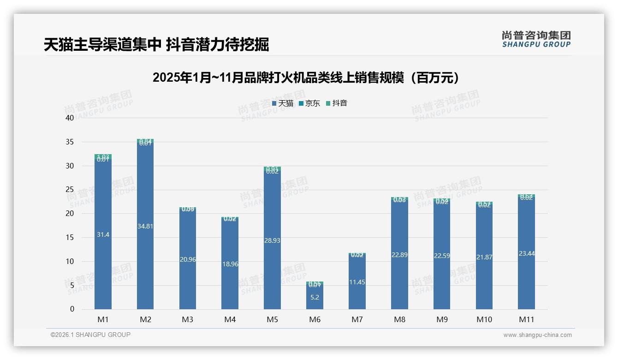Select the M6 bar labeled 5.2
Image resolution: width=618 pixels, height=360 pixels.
coord(315,297)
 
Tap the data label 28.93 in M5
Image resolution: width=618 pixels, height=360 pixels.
coord(272,240)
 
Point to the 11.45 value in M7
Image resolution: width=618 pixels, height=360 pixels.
coord(357,282)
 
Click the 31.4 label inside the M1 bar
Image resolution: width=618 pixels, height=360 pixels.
coord(103,234)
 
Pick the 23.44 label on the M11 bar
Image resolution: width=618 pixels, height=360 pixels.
coord(526,253)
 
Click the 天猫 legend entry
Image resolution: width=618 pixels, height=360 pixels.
coord(283,103)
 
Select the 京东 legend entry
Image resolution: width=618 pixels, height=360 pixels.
coord(309,103)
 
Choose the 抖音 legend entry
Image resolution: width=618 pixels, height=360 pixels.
coord(337,103)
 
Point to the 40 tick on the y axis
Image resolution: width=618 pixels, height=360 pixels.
coord(70,118)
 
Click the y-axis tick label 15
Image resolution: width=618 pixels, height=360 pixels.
coord(70,237)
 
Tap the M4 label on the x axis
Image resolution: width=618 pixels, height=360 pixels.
coord(230,319)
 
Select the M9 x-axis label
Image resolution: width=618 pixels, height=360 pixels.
coord(442,319)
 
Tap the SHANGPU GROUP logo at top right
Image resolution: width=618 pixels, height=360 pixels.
coord(536,39)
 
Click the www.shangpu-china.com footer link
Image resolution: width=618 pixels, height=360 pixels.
coord(537,335)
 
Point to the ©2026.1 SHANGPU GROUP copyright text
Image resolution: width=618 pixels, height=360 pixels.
coord(90,335)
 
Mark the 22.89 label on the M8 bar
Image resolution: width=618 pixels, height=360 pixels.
coord(399,255)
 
